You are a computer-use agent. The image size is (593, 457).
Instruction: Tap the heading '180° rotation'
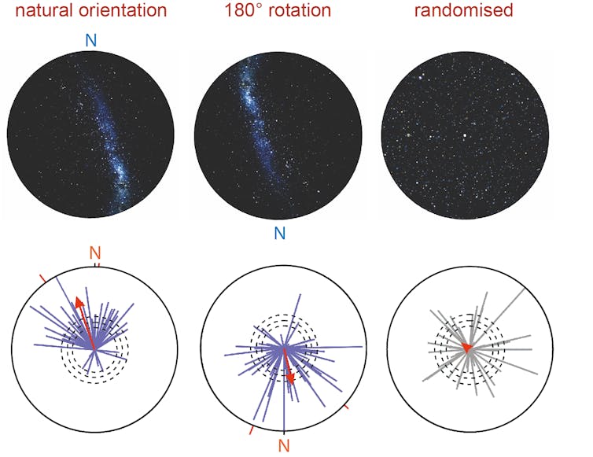tap(277, 11)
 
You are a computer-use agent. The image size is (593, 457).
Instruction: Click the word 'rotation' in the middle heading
tap(298, 11)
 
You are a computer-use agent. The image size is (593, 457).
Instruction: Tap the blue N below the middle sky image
tap(279, 233)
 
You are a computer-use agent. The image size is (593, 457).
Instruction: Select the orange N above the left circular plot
tap(95, 252)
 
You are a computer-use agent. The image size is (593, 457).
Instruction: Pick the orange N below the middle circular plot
tap(284, 446)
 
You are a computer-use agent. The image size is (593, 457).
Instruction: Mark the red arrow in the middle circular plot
tap(288, 366)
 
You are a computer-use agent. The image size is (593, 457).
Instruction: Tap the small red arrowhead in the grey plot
tap(466, 347)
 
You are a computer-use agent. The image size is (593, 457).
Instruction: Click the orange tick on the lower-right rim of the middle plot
tap(345, 407)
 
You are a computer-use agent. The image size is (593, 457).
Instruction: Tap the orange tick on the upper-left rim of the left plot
tap(44, 278)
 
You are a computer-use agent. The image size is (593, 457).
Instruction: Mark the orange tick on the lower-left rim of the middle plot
tap(252, 430)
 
